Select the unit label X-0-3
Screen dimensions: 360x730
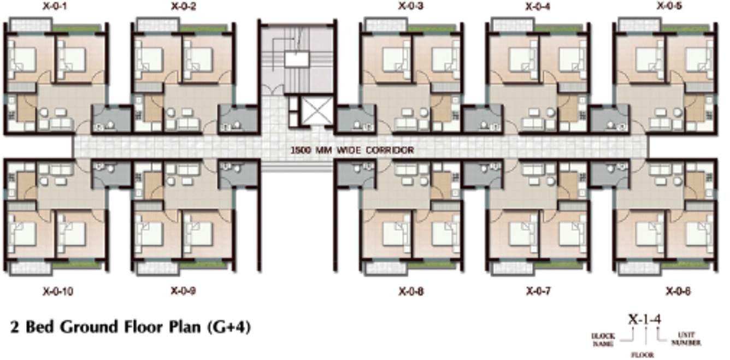(x=411, y=7)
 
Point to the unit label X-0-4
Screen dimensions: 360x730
(x=538, y=7)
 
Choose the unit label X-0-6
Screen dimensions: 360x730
(x=678, y=292)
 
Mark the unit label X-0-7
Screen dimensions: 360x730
(x=538, y=292)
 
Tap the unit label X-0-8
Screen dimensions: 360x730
(x=411, y=292)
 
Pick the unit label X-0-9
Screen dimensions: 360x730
(x=184, y=291)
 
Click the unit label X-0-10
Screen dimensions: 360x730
(x=57, y=291)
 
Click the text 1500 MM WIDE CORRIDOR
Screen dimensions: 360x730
(x=352, y=150)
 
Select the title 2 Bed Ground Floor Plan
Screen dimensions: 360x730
(x=107, y=327)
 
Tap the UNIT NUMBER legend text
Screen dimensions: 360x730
(x=690, y=339)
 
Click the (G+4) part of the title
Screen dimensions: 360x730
(x=229, y=328)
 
